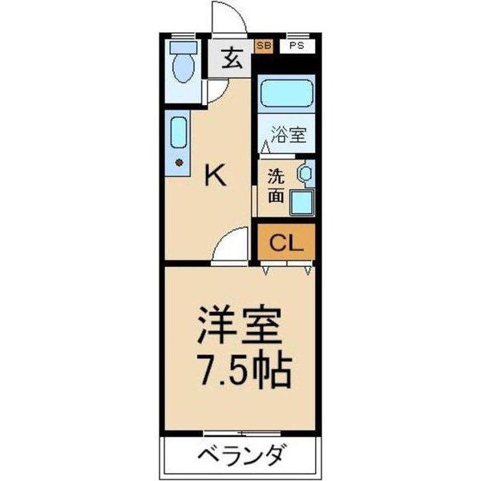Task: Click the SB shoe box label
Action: click(x=264, y=46)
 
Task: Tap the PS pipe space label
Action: click(x=297, y=46)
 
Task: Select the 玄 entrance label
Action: click(x=232, y=59)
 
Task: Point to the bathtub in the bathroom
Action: click(x=286, y=94)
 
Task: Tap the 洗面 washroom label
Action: click(x=276, y=186)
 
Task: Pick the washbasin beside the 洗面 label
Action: click(x=305, y=173)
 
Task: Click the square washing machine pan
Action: click(x=302, y=203)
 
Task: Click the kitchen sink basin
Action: click(x=179, y=132)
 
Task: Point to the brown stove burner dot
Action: click(x=179, y=163)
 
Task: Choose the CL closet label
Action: click(x=286, y=243)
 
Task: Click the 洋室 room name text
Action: click(x=239, y=324)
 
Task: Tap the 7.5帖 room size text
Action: click(x=245, y=370)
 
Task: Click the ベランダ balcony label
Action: click(x=240, y=455)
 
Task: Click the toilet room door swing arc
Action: click(x=221, y=93)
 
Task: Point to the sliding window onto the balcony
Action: click(x=242, y=434)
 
